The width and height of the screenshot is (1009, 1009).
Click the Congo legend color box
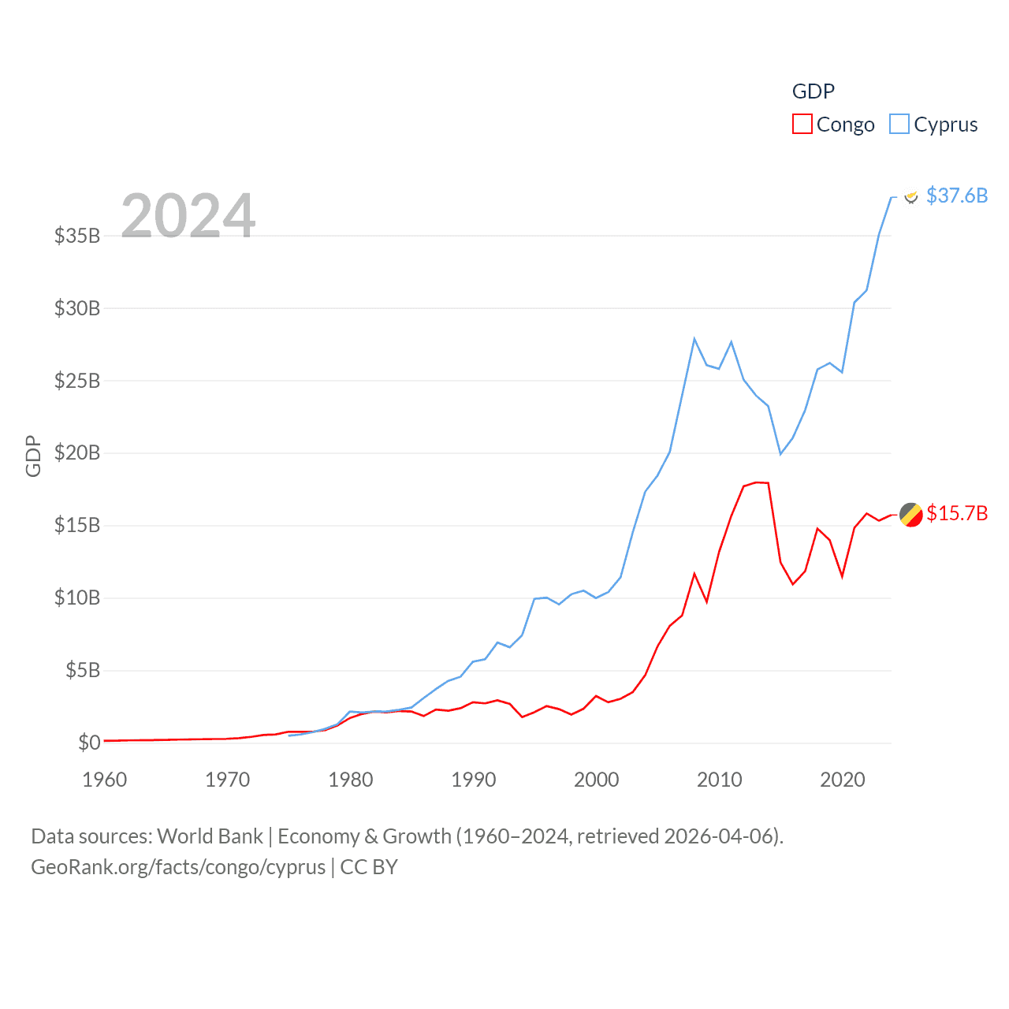[802, 125]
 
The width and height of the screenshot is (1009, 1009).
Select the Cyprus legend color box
[899, 125]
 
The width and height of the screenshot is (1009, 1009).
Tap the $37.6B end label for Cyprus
[957, 195]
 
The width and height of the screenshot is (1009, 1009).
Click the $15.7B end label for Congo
[957, 513]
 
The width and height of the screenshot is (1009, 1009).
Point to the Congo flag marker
[911, 515]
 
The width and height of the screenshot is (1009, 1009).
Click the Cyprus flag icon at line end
[911, 196]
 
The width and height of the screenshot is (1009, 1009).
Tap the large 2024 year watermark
[188, 215]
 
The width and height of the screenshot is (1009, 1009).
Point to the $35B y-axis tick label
[77, 236]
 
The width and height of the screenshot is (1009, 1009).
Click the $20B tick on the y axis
[77, 453]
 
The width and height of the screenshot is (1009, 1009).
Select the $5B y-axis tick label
[83, 671]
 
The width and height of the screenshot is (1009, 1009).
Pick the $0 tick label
[89, 743]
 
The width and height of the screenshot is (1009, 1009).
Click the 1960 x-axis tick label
[105, 780]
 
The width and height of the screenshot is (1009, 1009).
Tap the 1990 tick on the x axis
[474, 780]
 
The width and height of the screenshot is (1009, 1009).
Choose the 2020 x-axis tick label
[843, 780]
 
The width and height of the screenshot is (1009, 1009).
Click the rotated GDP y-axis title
[33, 456]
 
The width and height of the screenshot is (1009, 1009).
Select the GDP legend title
[813, 91]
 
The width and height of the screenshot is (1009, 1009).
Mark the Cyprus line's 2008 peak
[694, 339]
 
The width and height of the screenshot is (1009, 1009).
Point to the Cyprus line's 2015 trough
[780, 454]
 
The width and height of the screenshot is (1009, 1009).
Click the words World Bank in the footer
[210, 836]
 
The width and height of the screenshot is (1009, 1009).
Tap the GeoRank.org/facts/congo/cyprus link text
[178, 867]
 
